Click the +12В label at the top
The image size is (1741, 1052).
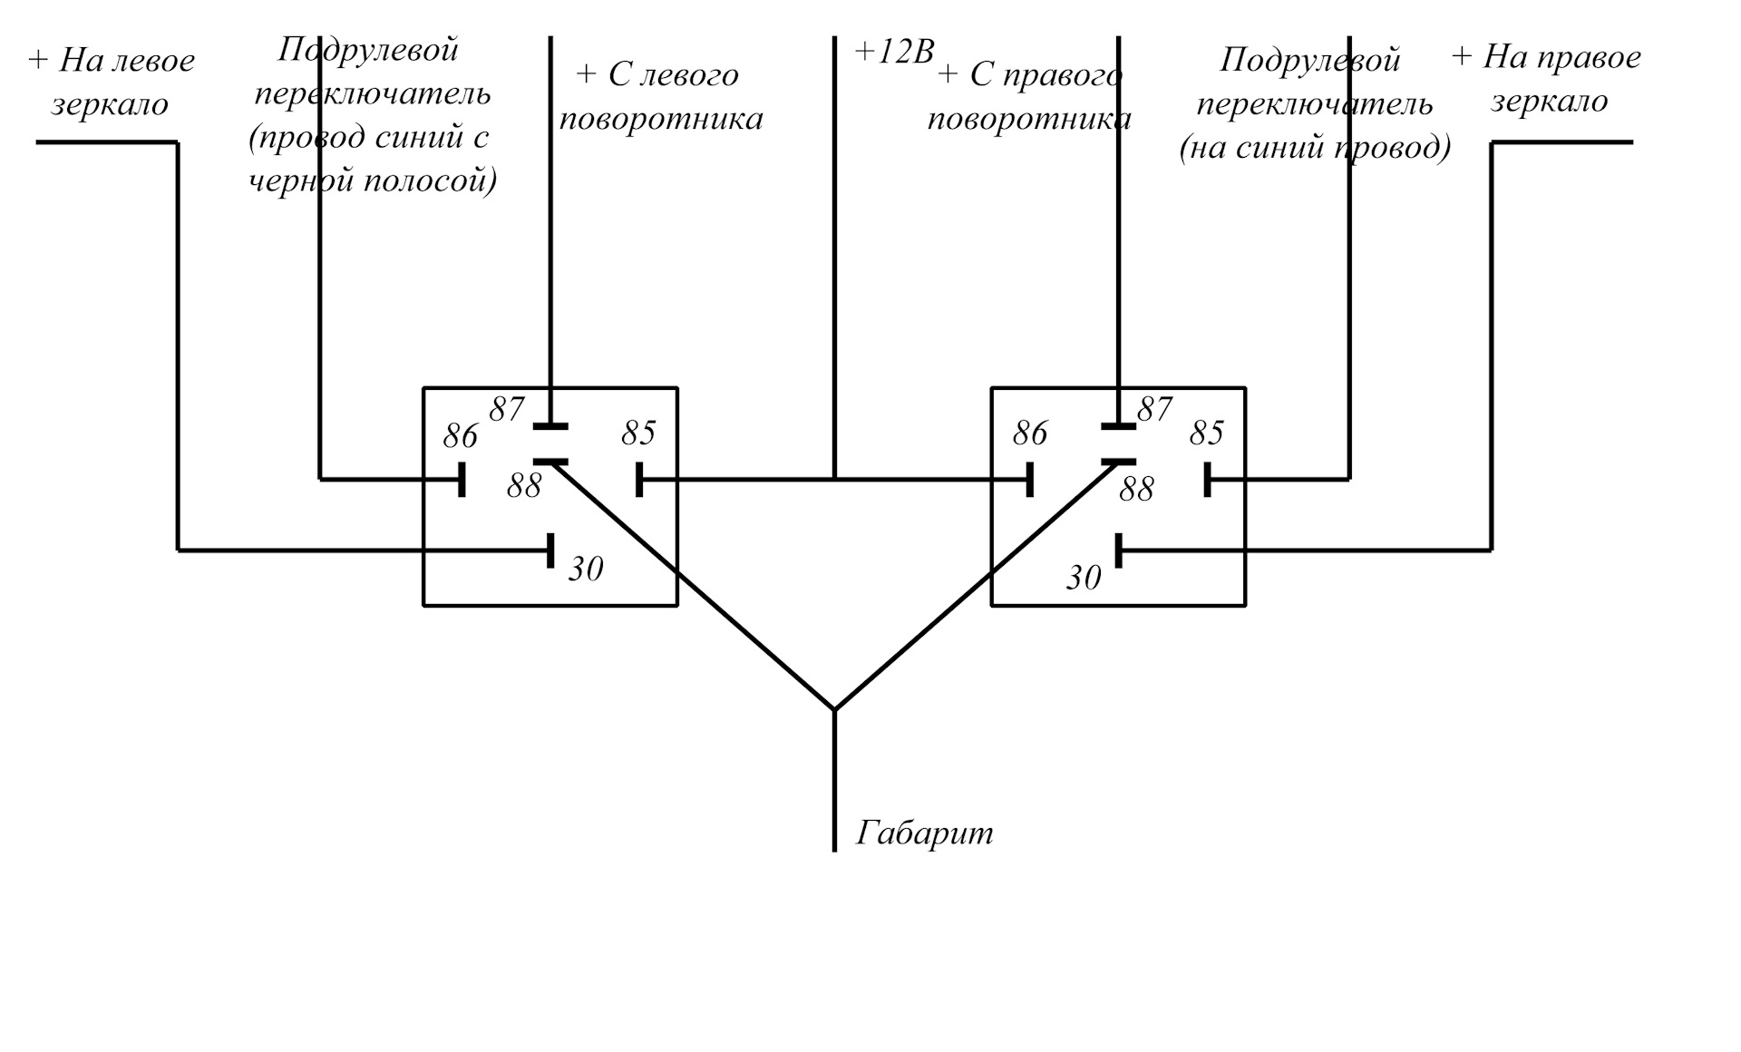pyautogui.click(x=894, y=53)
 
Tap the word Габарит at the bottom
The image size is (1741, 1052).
pyautogui.click(x=925, y=833)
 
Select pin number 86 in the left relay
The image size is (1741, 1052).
pyautogui.click(x=461, y=436)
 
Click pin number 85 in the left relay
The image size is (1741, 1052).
pyautogui.click(x=638, y=433)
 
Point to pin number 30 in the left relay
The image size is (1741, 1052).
pyautogui.click(x=586, y=569)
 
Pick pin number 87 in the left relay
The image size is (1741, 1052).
pyautogui.click(x=507, y=410)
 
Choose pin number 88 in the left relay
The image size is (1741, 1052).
pyautogui.click(x=524, y=486)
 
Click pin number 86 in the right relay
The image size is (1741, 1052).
pyautogui.click(x=1030, y=433)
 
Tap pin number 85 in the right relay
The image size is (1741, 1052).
pyautogui.click(x=1207, y=433)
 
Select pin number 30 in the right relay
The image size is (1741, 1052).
pyautogui.click(x=1084, y=578)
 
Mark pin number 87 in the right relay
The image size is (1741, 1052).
pyautogui.click(x=1155, y=410)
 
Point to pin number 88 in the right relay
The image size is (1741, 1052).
pyautogui.click(x=1136, y=490)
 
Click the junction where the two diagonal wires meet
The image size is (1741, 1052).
pyautogui.click(x=834, y=709)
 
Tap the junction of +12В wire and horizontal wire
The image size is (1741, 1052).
pyautogui.click(x=834, y=479)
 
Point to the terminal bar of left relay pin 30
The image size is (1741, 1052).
pyautogui.click(x=550, y=550)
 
